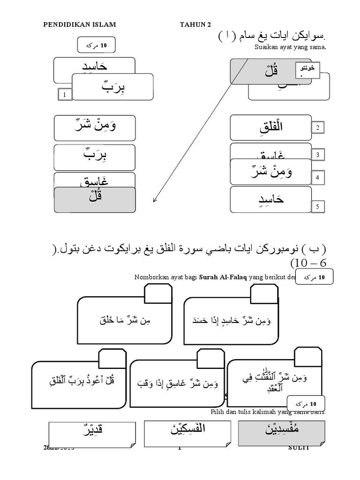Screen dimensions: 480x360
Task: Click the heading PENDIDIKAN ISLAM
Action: pos(79,24)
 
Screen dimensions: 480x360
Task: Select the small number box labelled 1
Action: pos(65,95)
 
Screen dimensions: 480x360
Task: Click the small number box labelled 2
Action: pos(317,128)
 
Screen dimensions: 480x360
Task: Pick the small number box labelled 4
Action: pos(317,178)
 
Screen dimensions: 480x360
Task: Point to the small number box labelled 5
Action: pos(317,206)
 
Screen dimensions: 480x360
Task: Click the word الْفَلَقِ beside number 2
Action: pos(270,127)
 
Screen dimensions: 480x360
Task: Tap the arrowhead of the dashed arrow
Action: pos(154,201)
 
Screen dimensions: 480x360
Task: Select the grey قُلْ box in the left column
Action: pos(95,199)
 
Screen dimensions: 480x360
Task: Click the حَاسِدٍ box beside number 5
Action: pos(270,199)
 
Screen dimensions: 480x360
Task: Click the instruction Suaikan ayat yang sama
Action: pos(290,47)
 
